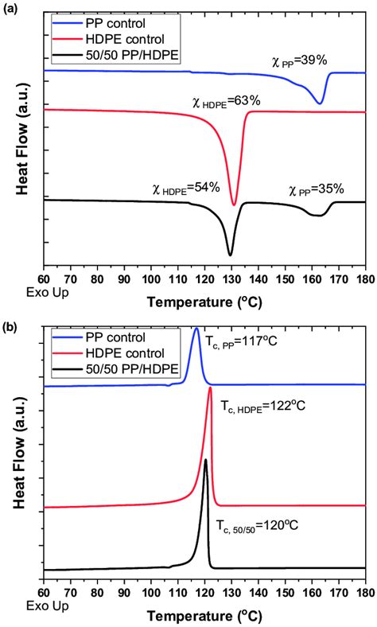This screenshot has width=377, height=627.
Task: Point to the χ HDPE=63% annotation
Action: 226,101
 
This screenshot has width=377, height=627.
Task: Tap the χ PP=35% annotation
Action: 317,189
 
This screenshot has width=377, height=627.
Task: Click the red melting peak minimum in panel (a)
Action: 234,204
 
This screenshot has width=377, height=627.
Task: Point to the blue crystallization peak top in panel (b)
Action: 196,329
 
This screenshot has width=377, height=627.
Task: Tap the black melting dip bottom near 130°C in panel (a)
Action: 231,255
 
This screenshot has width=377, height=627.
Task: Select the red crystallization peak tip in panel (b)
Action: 210,387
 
